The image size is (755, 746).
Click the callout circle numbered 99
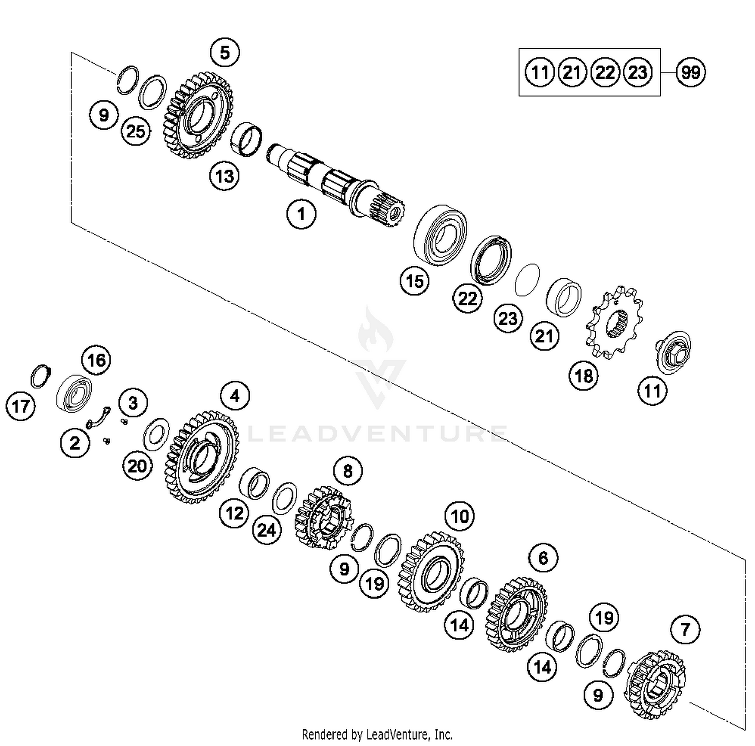click(x=690, y=72)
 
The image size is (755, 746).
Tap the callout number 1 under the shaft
click(x=301, y=214)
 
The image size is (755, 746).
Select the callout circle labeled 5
click(x=224, y=52)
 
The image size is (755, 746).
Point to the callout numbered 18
click(x=584, y=376)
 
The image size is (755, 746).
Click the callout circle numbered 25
click(x=136, y=132)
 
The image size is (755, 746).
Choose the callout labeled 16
click(x=96, y=360)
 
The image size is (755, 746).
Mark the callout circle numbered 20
click(x=137, y=466)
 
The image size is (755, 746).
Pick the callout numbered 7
click(x=685, y=629)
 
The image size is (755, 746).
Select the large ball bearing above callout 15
click(x=440, y=234)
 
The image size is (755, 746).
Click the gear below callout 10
click(x=430, y=572)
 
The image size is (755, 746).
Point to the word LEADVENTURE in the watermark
click(x=377, y=434)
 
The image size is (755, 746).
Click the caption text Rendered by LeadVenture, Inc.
click(x=377, y=734)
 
